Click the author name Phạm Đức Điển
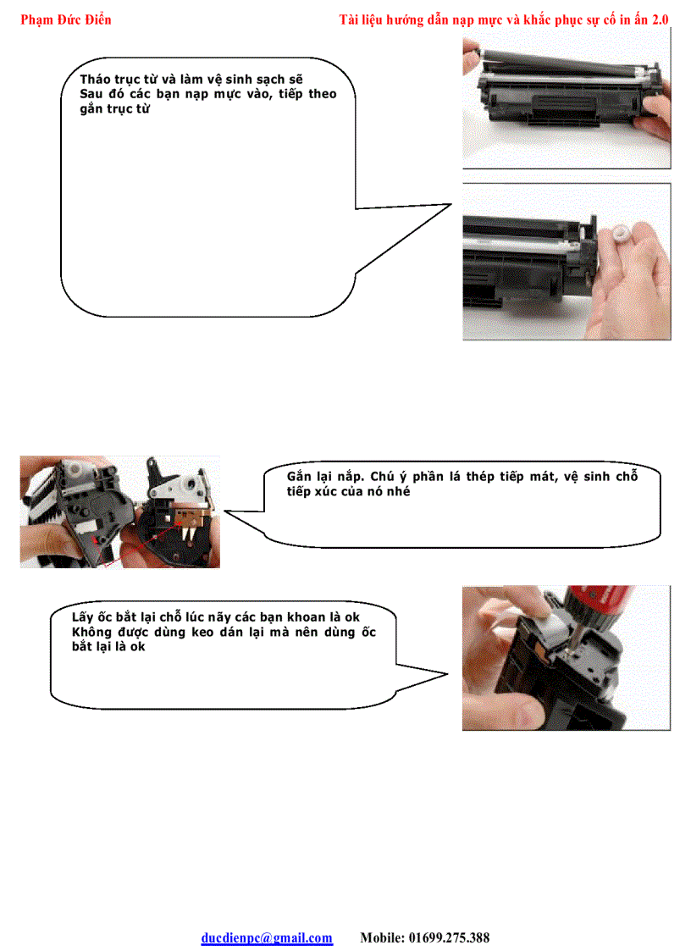[65, 19]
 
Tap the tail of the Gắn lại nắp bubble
[233, 512]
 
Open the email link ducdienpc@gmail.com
[267, 937]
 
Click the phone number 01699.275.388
[449, 937]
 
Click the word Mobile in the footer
[381, 937]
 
